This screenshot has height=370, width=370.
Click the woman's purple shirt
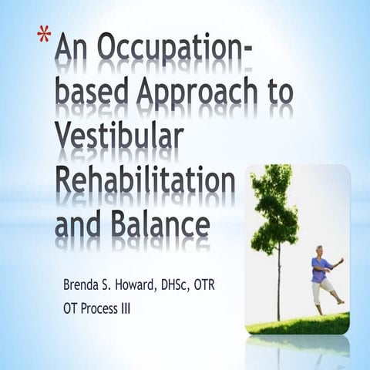click(319, 268)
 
